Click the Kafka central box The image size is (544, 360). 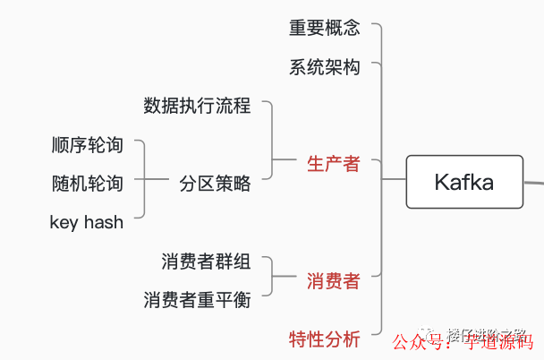pos(463,182)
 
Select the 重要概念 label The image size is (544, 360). pos(324,28)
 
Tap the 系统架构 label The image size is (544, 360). pos(324,67)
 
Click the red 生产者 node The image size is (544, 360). pos(333,164)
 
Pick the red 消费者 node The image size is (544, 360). pos(333,281)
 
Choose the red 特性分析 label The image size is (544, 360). pos(324,339)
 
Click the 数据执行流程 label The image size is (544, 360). pos(197,106)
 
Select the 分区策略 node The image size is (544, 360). pos(215,184)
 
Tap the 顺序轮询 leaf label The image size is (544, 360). pos(87,145)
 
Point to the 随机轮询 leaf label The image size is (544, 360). pos(87,184)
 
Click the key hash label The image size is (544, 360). pos(87,222)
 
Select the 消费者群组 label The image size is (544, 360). pos(206,261)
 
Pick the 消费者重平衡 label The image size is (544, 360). pos(197,300)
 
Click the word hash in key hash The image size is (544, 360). pos(103,222)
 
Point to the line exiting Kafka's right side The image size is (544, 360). pos(533,182)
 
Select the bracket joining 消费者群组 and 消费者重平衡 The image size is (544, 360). pos(271,281)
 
